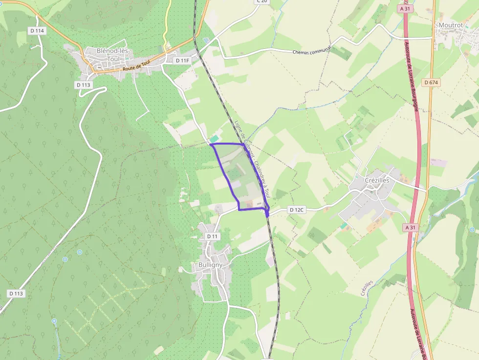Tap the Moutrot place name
450,25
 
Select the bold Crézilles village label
377,180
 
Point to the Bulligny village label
211,265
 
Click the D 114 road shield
37,31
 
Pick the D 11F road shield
182,60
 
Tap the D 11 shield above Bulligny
212,236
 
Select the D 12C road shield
296,210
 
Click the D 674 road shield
432,83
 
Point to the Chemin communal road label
312,50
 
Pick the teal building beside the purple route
215,139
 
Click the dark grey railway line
277,274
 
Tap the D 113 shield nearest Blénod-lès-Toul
84,85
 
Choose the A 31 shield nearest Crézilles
411,227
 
